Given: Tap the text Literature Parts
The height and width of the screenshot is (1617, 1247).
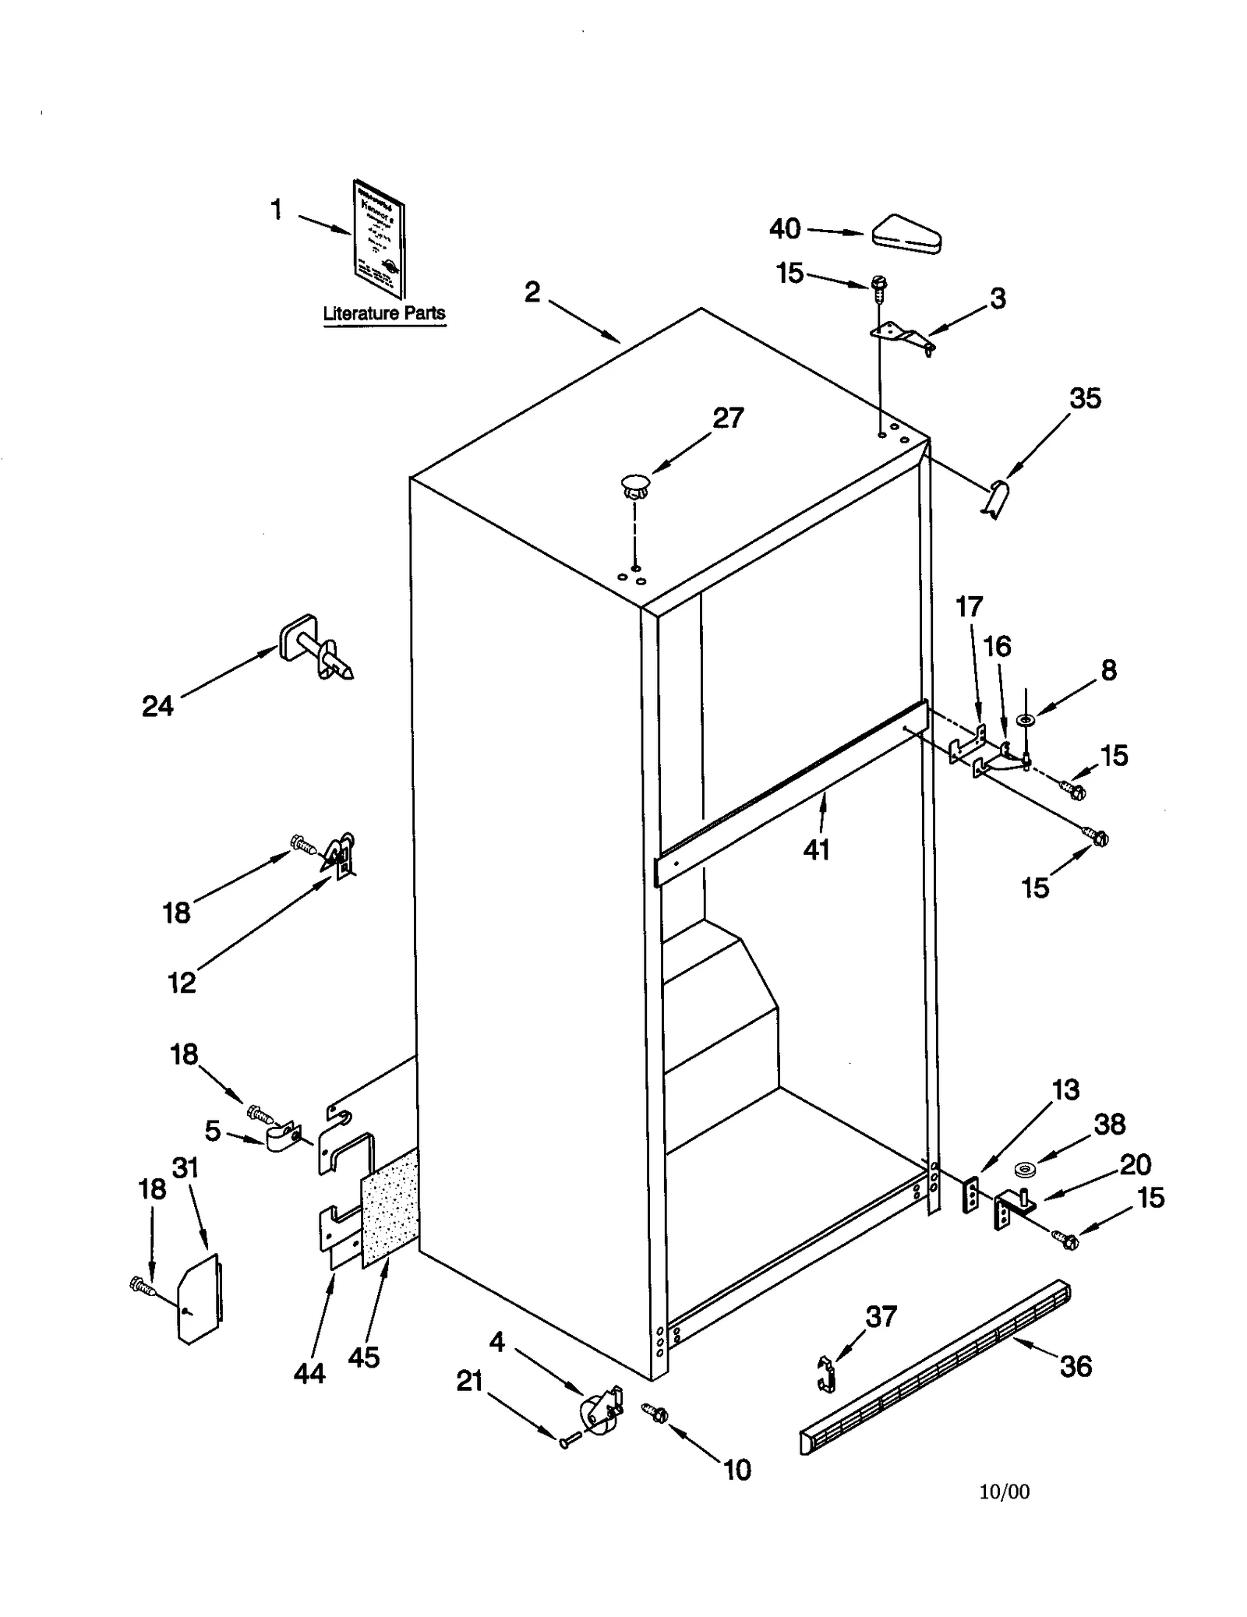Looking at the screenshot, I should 384,313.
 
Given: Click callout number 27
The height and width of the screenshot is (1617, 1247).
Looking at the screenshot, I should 728,418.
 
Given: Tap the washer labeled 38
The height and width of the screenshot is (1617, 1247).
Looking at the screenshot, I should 1025,1169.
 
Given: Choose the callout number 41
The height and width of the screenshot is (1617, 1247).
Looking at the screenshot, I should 816,849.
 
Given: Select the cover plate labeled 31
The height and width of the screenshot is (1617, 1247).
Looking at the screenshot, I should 199,1297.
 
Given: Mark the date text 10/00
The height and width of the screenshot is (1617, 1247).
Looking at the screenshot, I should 1004,1492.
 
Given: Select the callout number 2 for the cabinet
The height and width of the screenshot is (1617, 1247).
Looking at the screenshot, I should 532,292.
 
